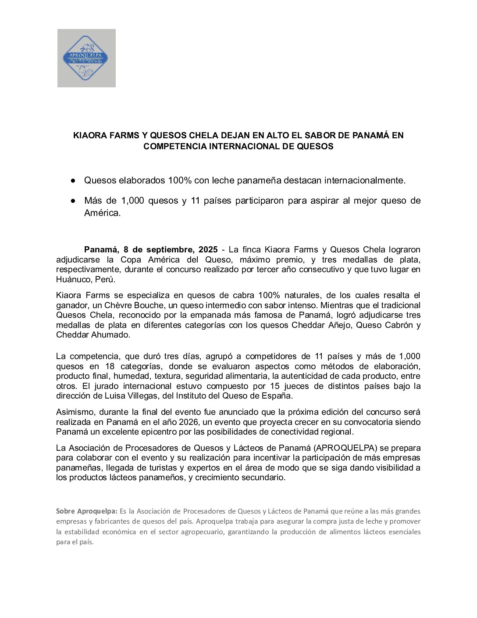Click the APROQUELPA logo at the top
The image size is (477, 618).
[86, 58]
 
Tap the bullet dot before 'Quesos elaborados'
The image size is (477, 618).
[74, 180]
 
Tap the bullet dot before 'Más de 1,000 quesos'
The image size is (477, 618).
[74, 201]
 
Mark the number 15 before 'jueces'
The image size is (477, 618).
[275, 386]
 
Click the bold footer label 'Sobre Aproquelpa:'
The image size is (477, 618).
[87, 511]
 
